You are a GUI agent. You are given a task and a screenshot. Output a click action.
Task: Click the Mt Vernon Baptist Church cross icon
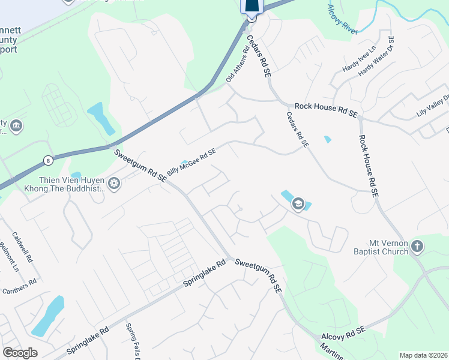tap(418, 246)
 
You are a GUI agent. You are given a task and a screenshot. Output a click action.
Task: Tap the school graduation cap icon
tap(298, 205)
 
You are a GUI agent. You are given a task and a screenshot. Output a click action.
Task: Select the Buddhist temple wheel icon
tap(114, 184)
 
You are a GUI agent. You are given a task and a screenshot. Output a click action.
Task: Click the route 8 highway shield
tap(47, 160)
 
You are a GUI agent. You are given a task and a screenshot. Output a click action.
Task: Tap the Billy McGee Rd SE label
tap(191, 163)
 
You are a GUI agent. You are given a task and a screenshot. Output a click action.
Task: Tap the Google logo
tap(20, 353)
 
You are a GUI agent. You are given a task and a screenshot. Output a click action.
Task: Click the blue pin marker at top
tap(252, 7)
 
